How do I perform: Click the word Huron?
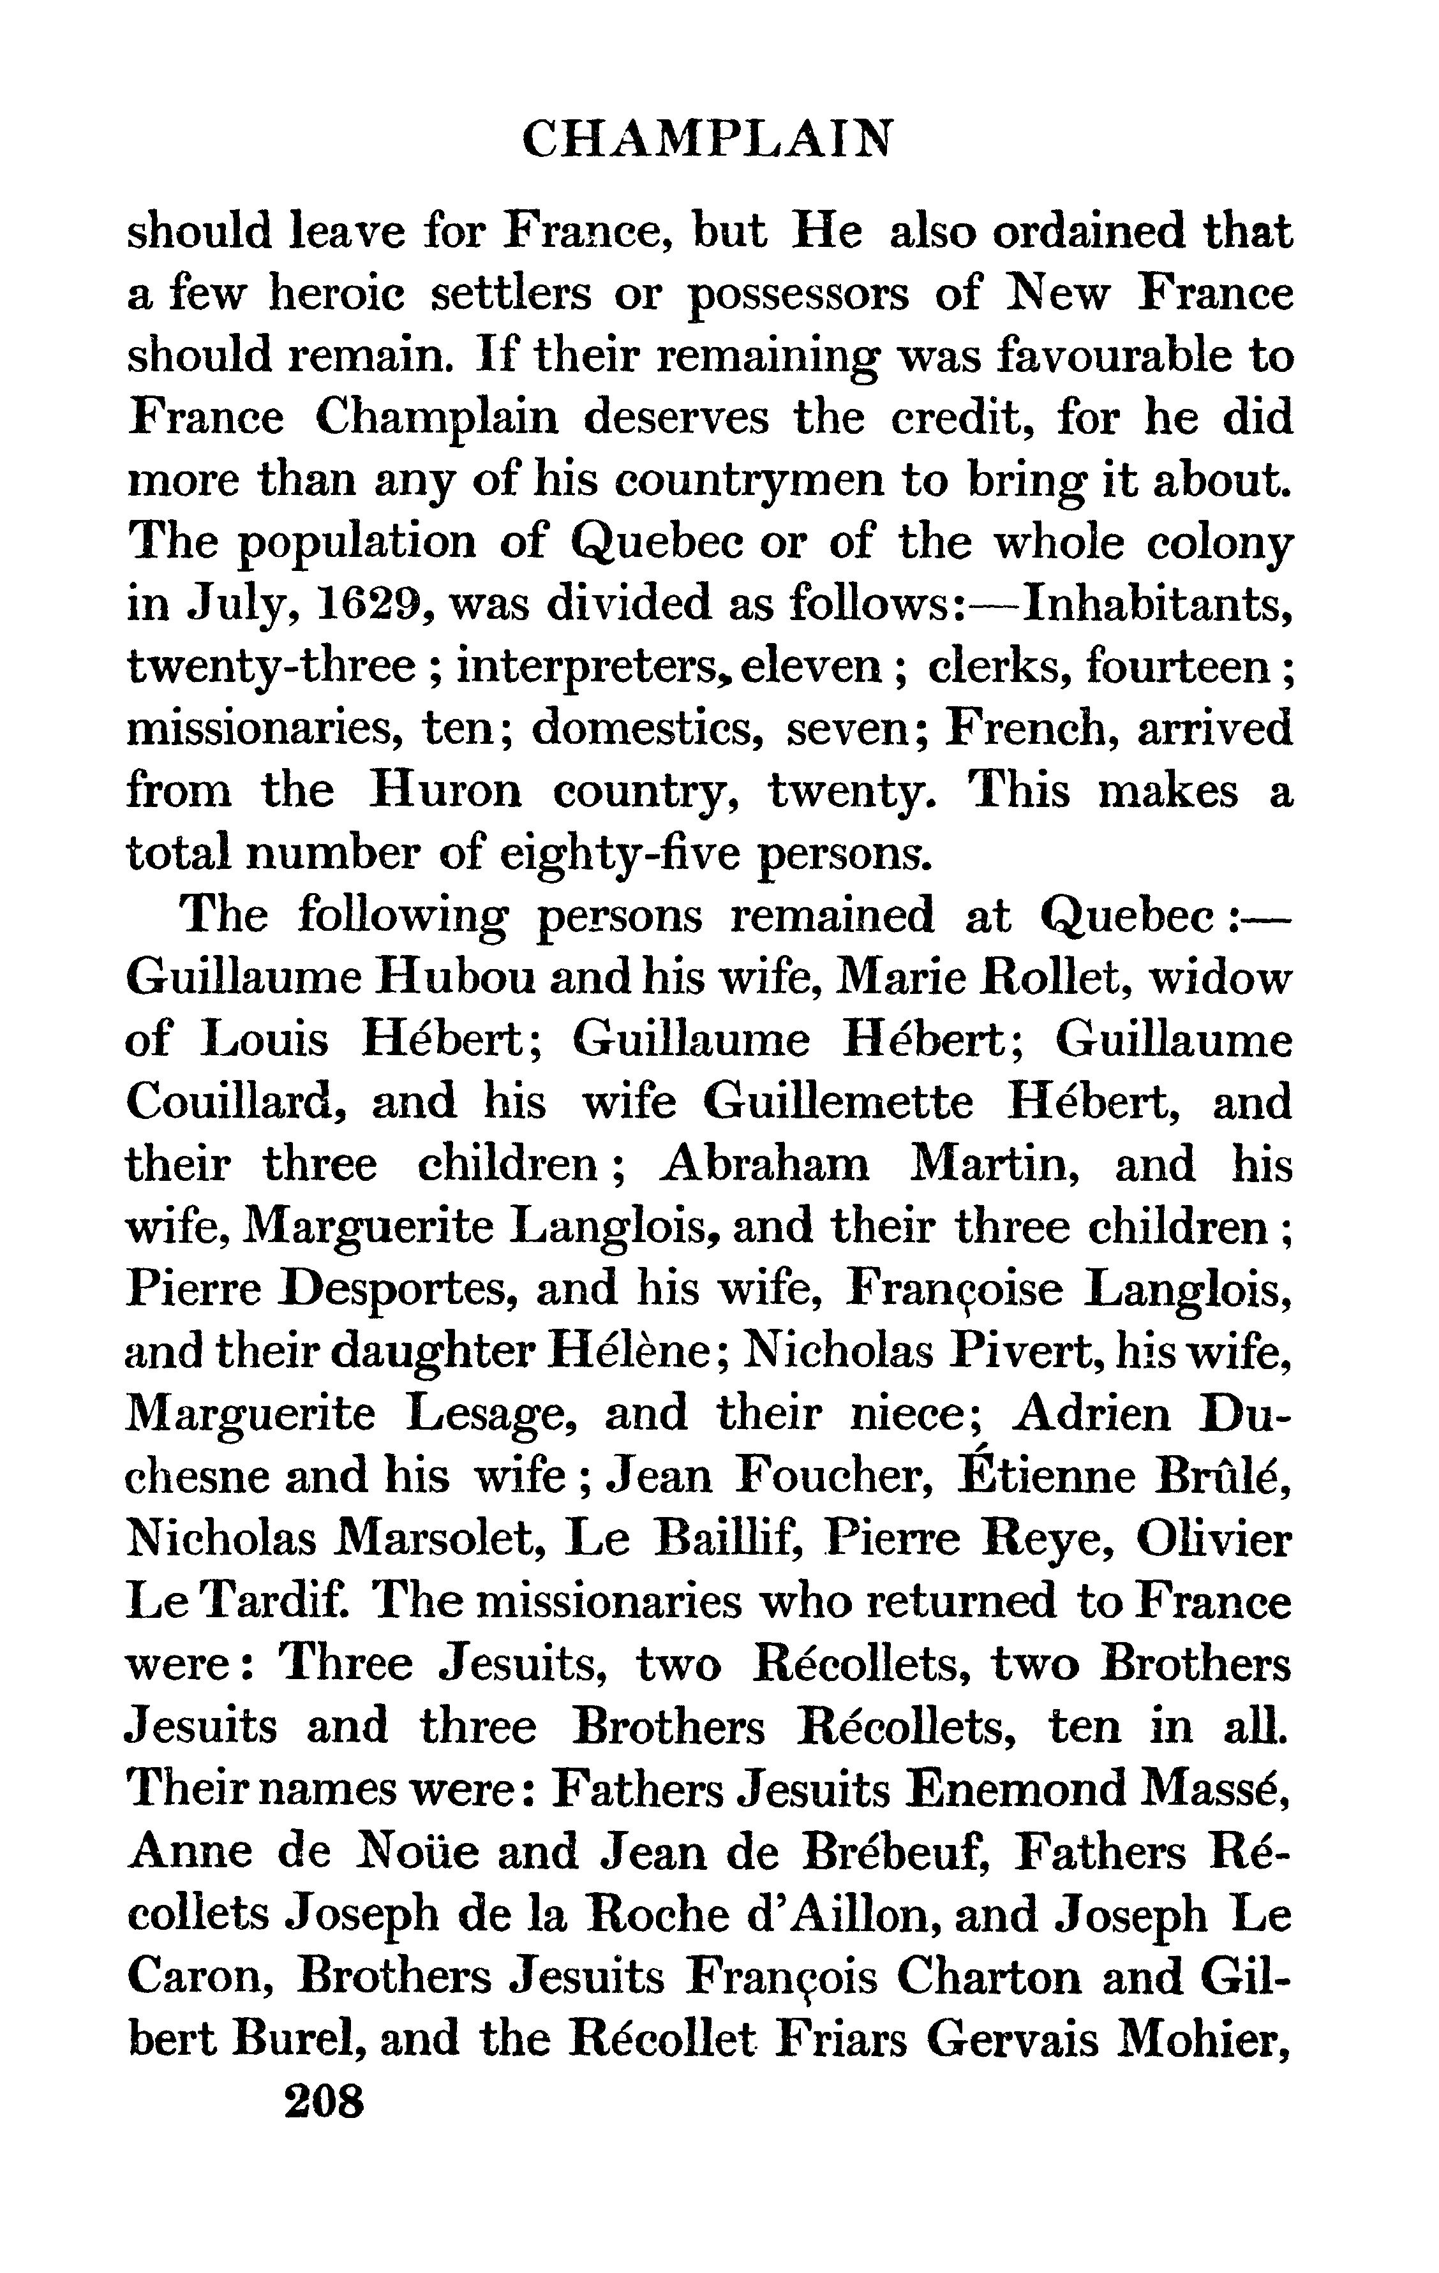pyautogui.click(x=445, y=791)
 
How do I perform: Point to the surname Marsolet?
pyautogui.click(x=440, y=1539)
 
